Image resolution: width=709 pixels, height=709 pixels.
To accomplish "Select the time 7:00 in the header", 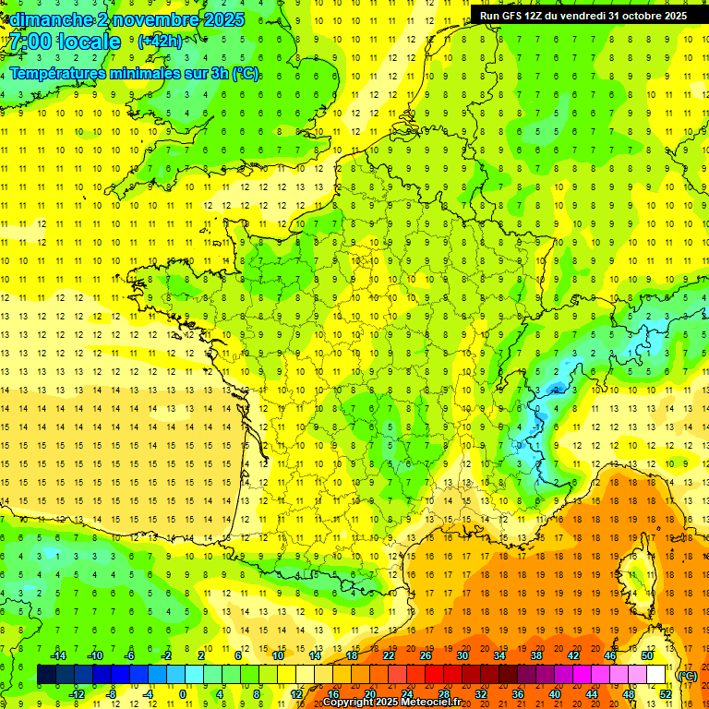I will (x=30, y=42).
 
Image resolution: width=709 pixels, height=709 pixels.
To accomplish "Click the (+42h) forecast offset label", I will (x=159, y=42).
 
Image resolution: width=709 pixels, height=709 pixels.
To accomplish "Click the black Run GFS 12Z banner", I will (x=583, y=15).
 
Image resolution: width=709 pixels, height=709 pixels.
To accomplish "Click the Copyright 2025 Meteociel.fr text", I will (x=391, y=703).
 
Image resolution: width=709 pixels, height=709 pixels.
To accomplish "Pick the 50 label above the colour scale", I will (x=647, y=655).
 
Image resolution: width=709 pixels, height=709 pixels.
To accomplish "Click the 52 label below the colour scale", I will (x=665, y=693).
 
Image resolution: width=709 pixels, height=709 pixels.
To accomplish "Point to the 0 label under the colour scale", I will (x=184, y=693).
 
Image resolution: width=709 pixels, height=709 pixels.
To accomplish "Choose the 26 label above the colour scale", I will (x=426, y=655).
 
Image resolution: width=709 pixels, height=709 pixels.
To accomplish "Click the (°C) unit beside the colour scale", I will (x=687, y=676).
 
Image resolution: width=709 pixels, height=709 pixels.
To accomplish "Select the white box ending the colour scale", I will (x=655, y=675).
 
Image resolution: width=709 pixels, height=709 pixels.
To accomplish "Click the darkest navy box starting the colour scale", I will (x=46, y=675).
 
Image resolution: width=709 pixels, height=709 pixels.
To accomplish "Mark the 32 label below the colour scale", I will (x=480, y=693).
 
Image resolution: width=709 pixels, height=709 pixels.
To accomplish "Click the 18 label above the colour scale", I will (x=352, y=655).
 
